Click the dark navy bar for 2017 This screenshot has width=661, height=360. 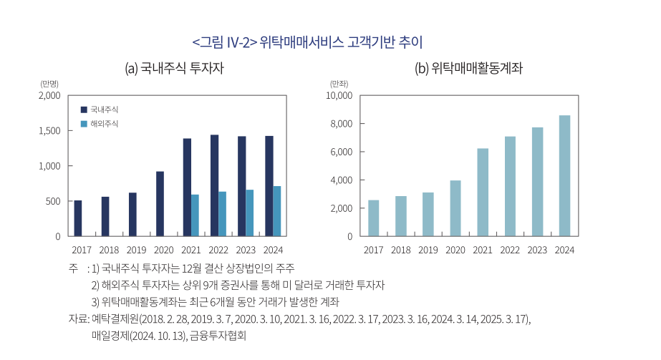pyautogui.click(x=78, y=218)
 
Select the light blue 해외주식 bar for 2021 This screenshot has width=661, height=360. pyautogui.click(x=195, y=215)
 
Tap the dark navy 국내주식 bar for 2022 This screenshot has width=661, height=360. pyautogui.click(x=214, y=185)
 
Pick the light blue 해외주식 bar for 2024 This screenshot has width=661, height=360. pyautogui.click(x=276, y=211)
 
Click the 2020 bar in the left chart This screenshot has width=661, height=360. pyautogui.click(x=160, y=204)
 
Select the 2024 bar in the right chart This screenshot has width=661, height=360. pyautogui.click(x=564, y=175)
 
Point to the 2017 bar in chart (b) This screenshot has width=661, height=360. pyautogui.click(x=373, y=218)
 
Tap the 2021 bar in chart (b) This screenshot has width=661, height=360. pyautogui.click(x=483, y=192)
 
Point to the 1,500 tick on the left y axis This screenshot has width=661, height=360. pyautogui.click(x=49, y=131)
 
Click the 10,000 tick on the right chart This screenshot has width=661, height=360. pyautogui.click(x=339, y=95)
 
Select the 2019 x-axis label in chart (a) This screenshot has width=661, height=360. pyautogui.click(x=136, y=250)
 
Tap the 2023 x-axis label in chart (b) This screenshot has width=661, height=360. pyautogui.click(x=537, y=250)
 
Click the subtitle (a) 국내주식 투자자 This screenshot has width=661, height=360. pyautogui.click(x=175, y=69)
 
